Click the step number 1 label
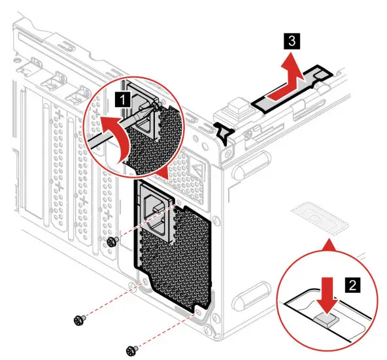pyautogui.click(x=122, y=100)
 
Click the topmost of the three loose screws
pyautogui.click(x=111, y=242)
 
